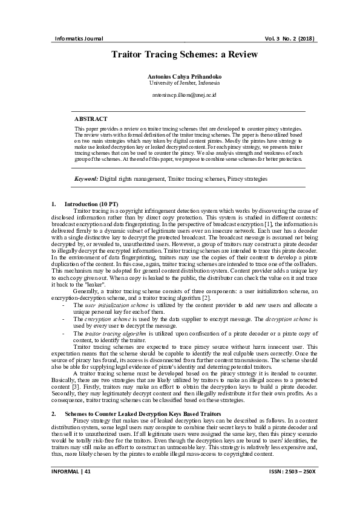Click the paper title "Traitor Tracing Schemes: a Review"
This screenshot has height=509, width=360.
180,54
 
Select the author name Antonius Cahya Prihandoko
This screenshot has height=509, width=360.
180,77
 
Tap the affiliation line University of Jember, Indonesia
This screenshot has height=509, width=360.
180,83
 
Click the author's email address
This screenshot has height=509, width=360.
180,96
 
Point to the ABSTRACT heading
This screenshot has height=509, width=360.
91,120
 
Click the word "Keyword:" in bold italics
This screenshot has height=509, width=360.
86,180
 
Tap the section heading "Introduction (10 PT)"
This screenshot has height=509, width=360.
97,204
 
